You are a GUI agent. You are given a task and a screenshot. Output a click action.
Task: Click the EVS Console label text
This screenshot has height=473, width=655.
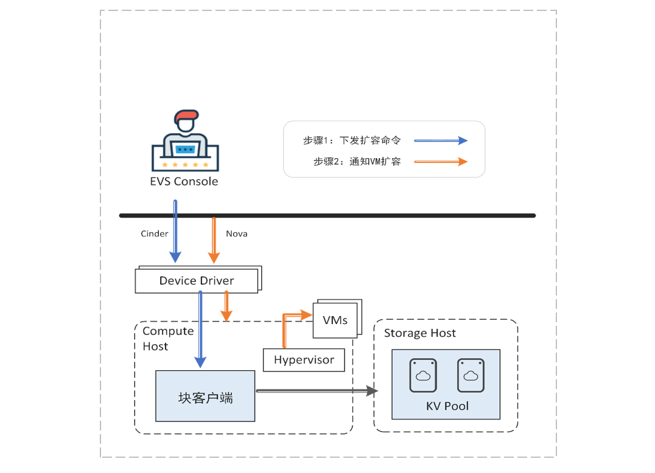point(184,181)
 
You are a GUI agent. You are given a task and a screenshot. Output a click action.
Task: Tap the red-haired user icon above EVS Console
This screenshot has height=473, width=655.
point(185,141)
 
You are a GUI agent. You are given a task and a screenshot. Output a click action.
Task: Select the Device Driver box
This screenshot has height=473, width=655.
point(197,281)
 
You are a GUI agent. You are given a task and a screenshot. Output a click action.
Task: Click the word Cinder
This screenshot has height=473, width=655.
point(155,233)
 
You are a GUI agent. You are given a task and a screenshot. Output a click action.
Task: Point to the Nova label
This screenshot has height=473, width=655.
point(237,233)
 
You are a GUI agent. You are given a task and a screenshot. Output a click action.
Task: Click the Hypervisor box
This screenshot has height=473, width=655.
point(304,360)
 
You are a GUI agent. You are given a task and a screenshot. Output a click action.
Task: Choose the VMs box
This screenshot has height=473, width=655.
point(335,320)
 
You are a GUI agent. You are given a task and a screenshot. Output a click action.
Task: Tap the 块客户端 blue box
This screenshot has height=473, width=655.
point(205,396)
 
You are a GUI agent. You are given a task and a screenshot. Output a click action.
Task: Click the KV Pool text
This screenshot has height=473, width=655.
point(447,406)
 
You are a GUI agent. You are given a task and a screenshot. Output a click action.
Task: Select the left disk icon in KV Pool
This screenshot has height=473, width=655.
point(423,376)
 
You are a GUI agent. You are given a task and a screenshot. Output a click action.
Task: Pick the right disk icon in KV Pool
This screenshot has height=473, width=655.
point(471,376)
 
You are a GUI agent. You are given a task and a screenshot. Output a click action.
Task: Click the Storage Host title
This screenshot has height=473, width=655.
point(420,333)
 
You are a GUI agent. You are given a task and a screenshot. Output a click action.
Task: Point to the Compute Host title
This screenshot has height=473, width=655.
point(168,339)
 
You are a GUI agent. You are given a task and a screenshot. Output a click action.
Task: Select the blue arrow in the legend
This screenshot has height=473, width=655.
point(441,140)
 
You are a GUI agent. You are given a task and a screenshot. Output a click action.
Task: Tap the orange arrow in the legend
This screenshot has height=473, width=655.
point(441,162)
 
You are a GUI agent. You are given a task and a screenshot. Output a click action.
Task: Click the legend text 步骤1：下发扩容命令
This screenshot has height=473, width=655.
point(352,140)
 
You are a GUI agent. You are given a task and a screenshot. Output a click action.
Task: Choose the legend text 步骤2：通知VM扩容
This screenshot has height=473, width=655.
point(357,162)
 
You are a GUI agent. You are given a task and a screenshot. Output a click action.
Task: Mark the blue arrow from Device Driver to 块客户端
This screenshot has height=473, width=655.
point(200,328)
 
